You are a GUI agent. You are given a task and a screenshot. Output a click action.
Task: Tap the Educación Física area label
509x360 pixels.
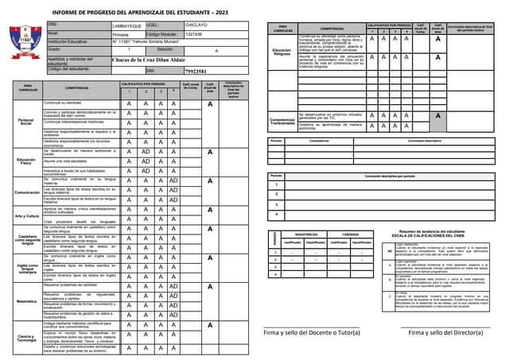(x=26, y=160)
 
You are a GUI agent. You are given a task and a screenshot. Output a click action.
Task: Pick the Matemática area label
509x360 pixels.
(x=26, y=301)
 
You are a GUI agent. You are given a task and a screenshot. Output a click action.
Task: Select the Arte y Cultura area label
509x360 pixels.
(x=26, y=215)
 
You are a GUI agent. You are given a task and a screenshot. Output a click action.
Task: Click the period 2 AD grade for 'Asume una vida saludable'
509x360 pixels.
(x=146, y=161)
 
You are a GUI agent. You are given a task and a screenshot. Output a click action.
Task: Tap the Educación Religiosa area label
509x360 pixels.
(x=282, y=51)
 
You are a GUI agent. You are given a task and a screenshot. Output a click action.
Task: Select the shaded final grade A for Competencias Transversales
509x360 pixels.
(x=437, y=116)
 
